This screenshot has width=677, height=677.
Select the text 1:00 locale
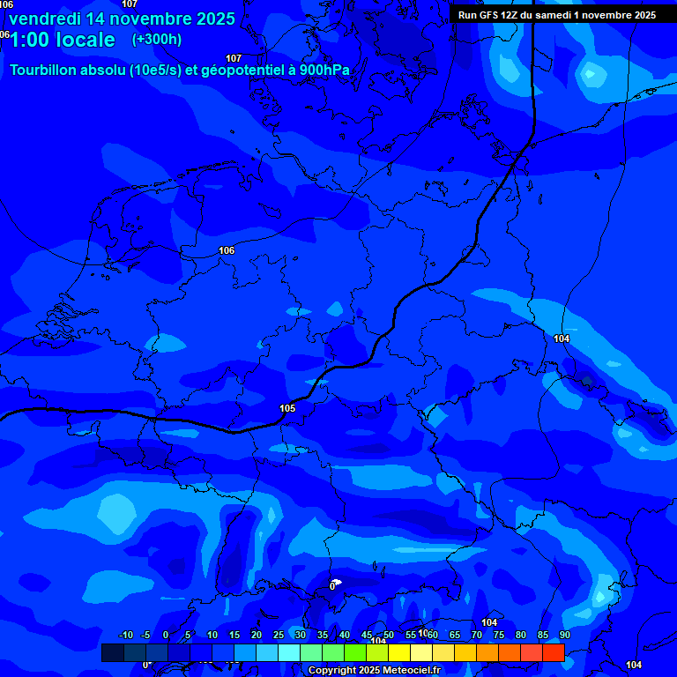(63, 40)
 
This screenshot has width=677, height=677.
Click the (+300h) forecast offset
(157, 40)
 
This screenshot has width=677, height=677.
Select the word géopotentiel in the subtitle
(237, 71)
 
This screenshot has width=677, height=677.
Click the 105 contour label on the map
(287, 408)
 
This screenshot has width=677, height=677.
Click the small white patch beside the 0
(338, 582)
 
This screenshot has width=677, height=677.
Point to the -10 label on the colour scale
(125, 636)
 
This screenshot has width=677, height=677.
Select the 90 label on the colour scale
(564, 636)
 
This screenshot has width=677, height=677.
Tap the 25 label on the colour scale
(278, 636)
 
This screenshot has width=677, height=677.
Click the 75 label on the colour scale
(498, 636)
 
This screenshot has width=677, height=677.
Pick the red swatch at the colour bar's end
(553, 652)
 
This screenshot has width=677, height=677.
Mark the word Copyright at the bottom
(332, 671)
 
